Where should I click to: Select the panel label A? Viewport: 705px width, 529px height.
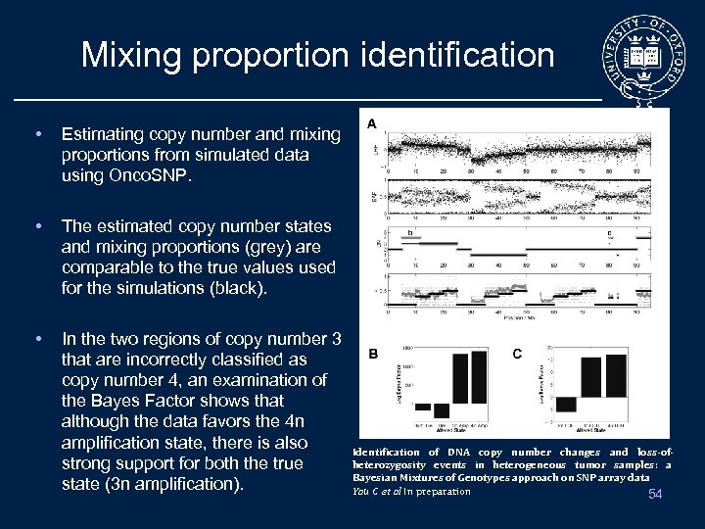click(373, 123)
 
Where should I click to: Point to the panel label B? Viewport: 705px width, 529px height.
click(373, 354)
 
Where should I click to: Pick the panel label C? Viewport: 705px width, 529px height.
click(517, 354)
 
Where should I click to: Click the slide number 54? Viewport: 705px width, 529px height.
click(655, 494)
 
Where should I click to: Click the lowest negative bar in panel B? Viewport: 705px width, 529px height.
click(441, 410)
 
